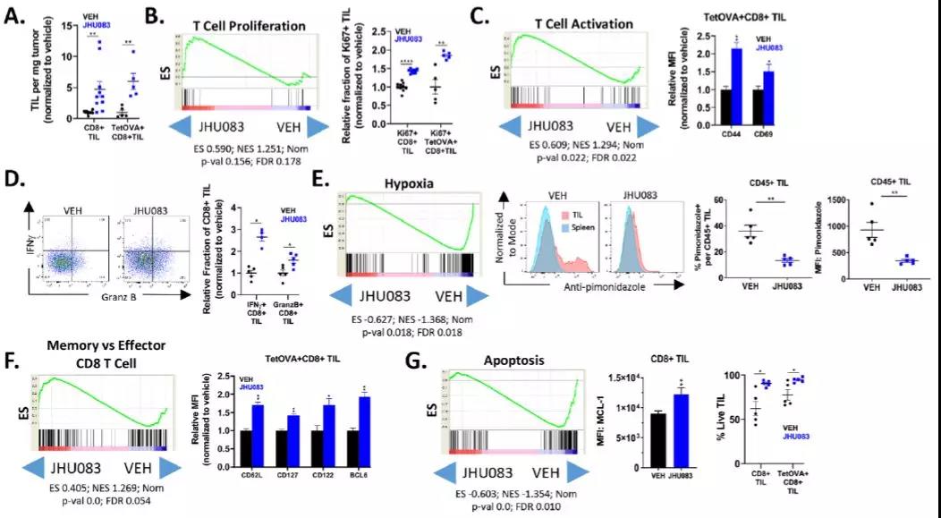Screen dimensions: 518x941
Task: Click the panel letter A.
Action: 14,15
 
